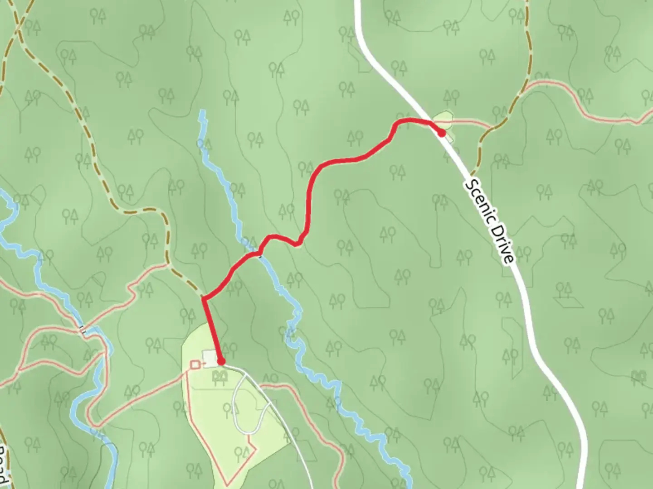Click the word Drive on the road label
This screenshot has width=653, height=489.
504,245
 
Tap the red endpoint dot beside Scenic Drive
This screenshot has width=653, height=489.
441,133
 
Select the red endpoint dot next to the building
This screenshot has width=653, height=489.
221,361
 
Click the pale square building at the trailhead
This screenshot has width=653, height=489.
210,358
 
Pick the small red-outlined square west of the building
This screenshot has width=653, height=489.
195,364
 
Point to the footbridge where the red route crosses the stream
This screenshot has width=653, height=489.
260,252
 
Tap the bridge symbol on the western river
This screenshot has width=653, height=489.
83,330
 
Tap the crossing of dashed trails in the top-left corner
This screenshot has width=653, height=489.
18,28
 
